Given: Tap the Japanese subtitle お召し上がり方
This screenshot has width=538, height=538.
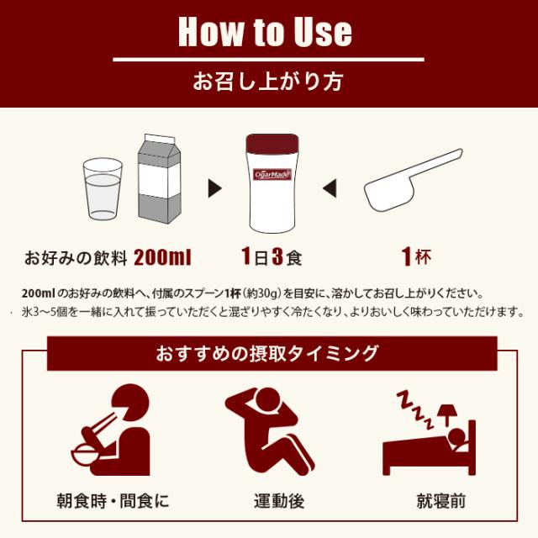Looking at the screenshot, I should (268, 82).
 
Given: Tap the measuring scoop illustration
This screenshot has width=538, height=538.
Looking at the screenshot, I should (412, 180).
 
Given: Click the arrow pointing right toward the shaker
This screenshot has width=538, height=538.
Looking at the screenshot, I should (214, 186).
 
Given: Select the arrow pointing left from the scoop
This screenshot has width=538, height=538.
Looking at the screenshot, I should (330, 186).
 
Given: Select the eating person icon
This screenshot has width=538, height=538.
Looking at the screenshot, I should (108, 430).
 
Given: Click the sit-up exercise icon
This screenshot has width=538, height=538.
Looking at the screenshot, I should (266, 429).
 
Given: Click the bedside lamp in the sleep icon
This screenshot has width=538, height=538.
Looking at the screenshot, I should (446, 411).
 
